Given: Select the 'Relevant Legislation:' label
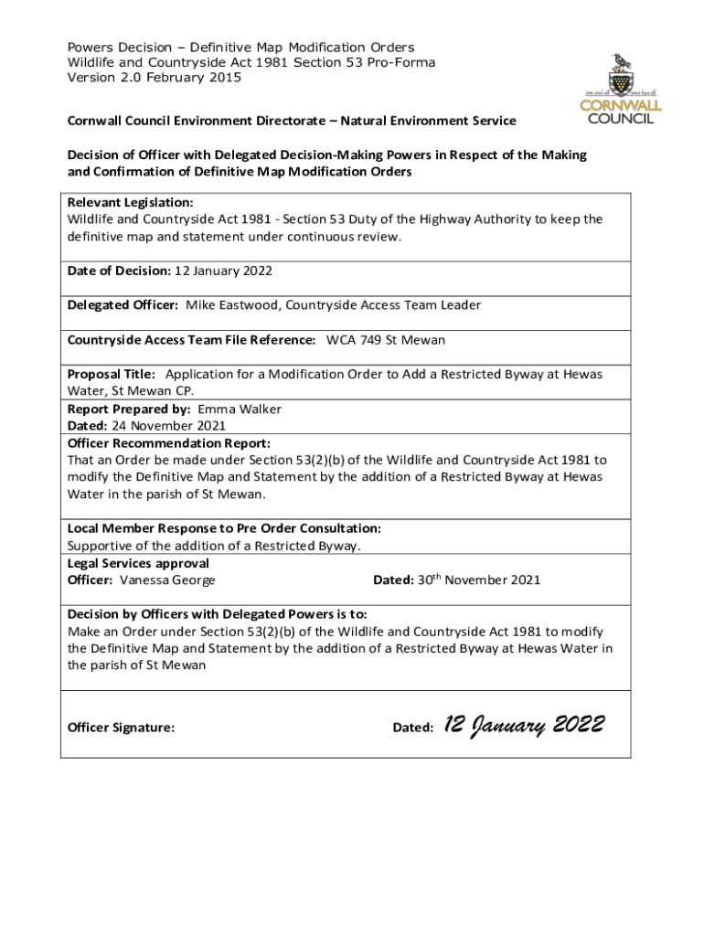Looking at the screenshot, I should tap(130, 202).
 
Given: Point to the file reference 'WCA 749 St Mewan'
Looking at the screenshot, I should tap(386, 340).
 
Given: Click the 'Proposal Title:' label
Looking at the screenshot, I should tap(112, 374).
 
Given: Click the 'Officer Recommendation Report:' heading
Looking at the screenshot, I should tap(169, 443).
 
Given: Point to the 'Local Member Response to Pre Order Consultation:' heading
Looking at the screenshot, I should tap(224, 528).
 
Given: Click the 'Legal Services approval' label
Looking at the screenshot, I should tap(138, 563).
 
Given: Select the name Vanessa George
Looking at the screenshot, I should tap(167, 580).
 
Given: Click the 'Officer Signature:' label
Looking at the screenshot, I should tap(121, 728).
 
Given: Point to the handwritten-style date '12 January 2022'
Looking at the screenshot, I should tap(523, 726).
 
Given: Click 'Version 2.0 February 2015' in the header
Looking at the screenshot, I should tap(155, 78).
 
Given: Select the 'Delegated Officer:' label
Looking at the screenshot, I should tap(123, 305).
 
